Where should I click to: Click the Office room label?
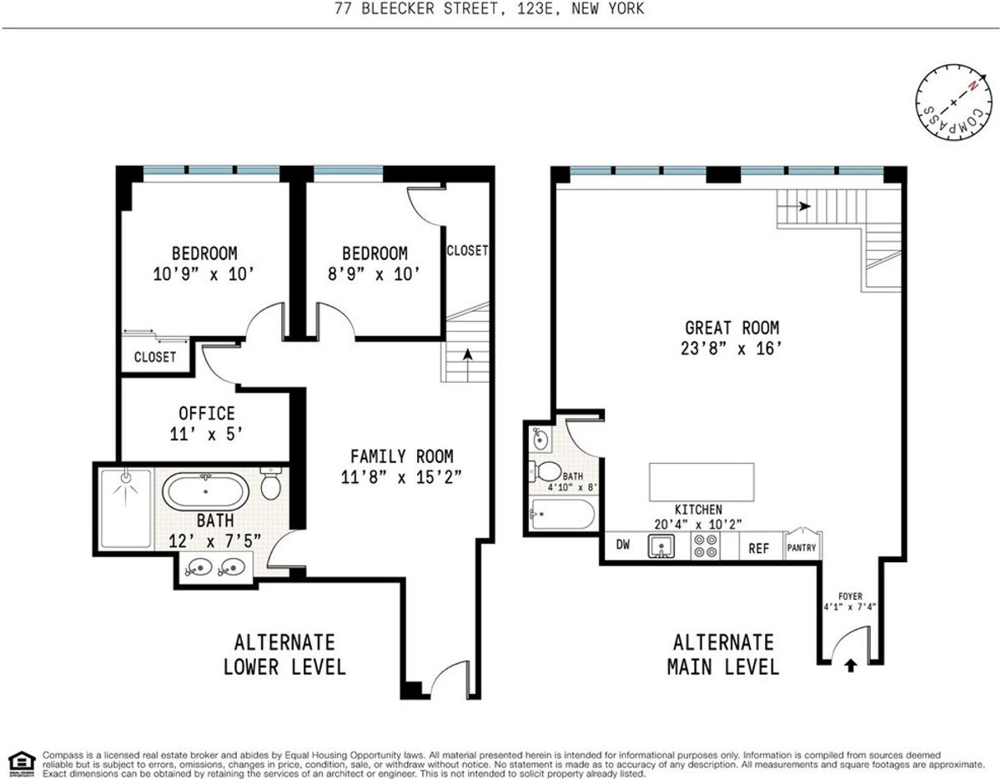206,413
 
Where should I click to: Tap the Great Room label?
732,328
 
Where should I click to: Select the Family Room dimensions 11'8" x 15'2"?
400,477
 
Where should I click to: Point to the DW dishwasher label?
623,545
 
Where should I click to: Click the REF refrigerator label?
759,548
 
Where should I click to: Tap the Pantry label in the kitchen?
802,547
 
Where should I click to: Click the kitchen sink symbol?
661,546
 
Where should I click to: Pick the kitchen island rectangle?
702,482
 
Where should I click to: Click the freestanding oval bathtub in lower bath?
205,490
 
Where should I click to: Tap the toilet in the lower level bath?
270,484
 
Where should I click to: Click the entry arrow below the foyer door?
851,666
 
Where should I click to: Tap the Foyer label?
850,596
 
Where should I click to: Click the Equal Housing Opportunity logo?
22,763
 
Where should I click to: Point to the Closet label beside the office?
155,357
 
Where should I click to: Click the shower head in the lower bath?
126,479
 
